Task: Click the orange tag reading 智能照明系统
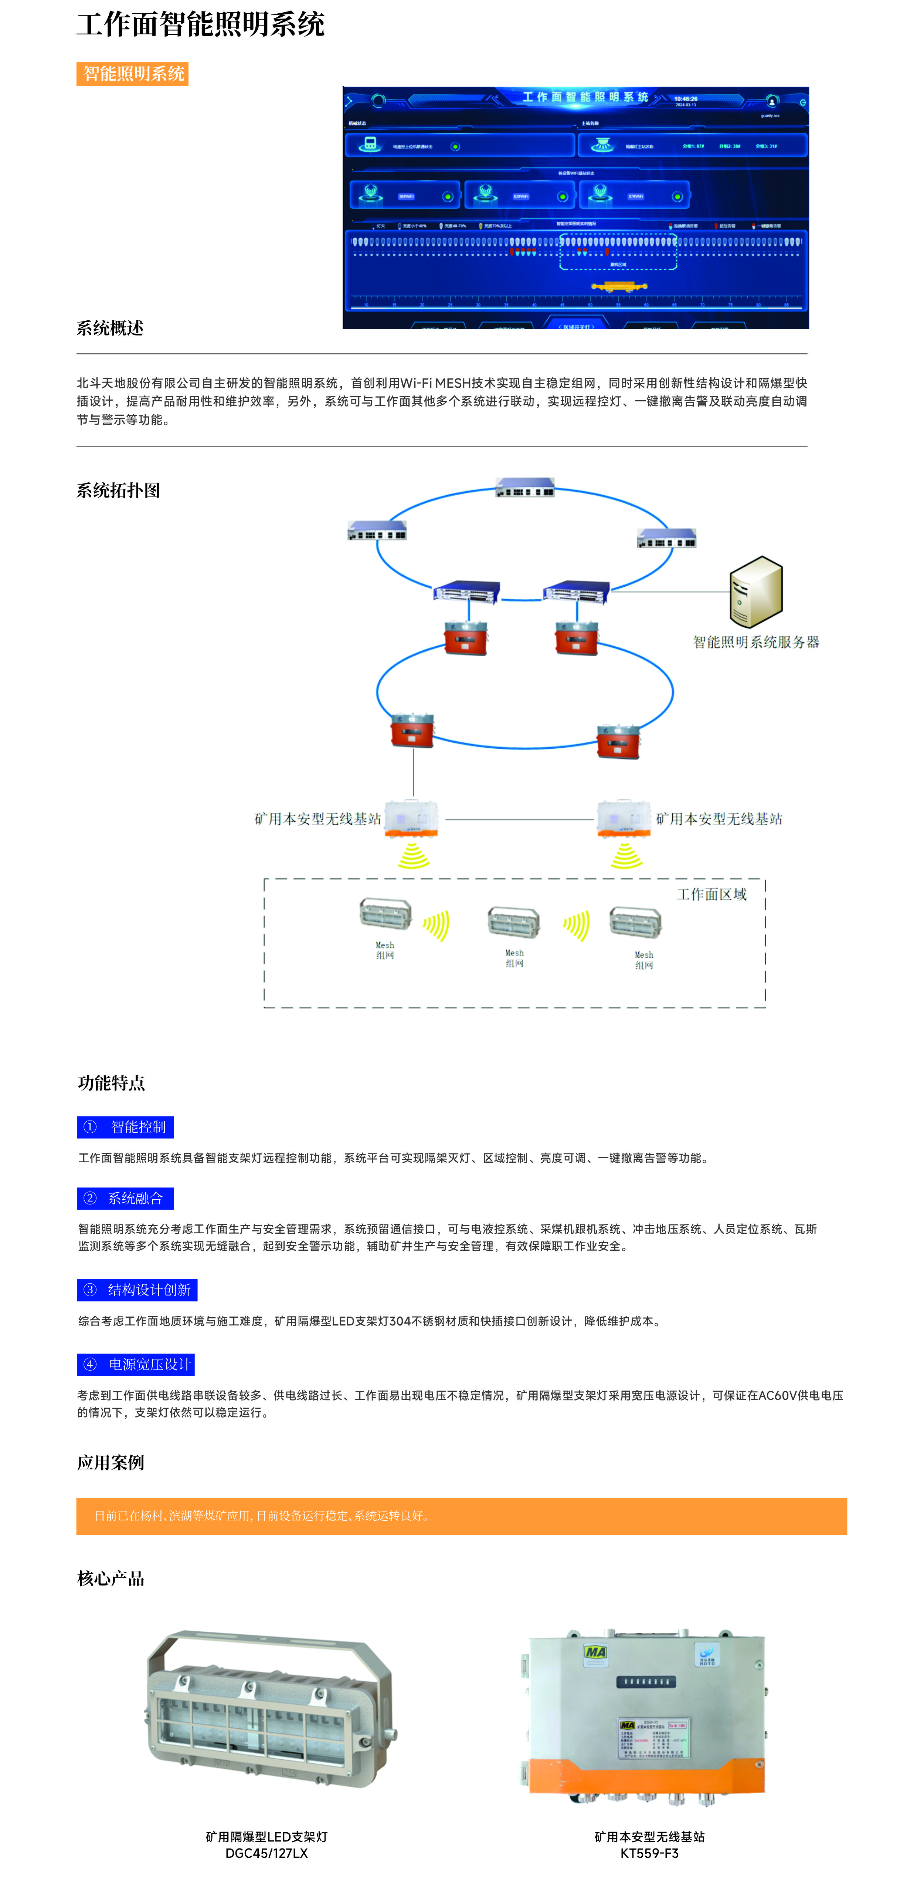tap(133, 74)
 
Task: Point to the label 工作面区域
tap(711, 894)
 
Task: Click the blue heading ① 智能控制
tap(125, 1127)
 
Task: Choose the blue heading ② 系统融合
tap(125, 1199)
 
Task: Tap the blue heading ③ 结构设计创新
tap(137, 1290)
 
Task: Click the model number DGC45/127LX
tap(266, 1853)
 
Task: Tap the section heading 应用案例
tap(111, 1462)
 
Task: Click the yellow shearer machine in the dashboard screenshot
tap(619, 286)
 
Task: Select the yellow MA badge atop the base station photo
tap(596, 1652)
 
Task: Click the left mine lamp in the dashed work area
tap(385, 913)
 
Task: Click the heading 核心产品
tap(111, 1579)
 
